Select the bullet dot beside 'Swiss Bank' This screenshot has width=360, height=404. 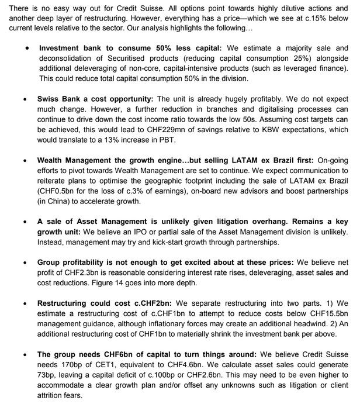point(25,100)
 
